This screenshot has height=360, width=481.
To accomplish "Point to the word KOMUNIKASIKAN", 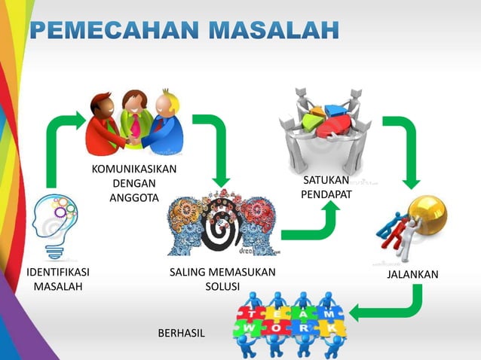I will click(134, 168).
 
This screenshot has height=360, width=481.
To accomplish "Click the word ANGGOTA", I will click(134, 198).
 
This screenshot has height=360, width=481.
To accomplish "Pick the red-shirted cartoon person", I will click(106, 124).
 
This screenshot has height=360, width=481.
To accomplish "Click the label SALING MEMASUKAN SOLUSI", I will click(222, 279).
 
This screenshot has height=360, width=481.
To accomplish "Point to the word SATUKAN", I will click(326, 181).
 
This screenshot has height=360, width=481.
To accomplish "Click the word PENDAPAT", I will click(326, 195).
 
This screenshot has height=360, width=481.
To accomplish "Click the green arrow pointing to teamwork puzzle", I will click(392, 306).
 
